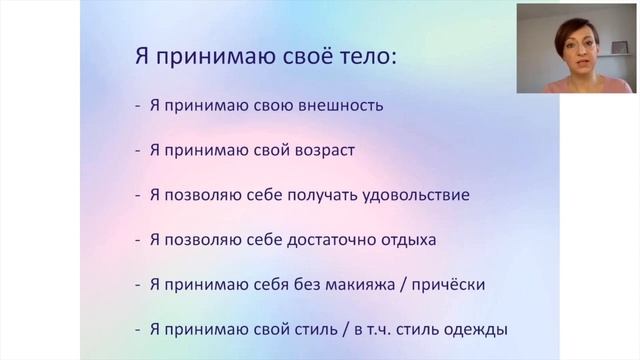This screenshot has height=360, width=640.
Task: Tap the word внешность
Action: [x=337, y=104]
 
